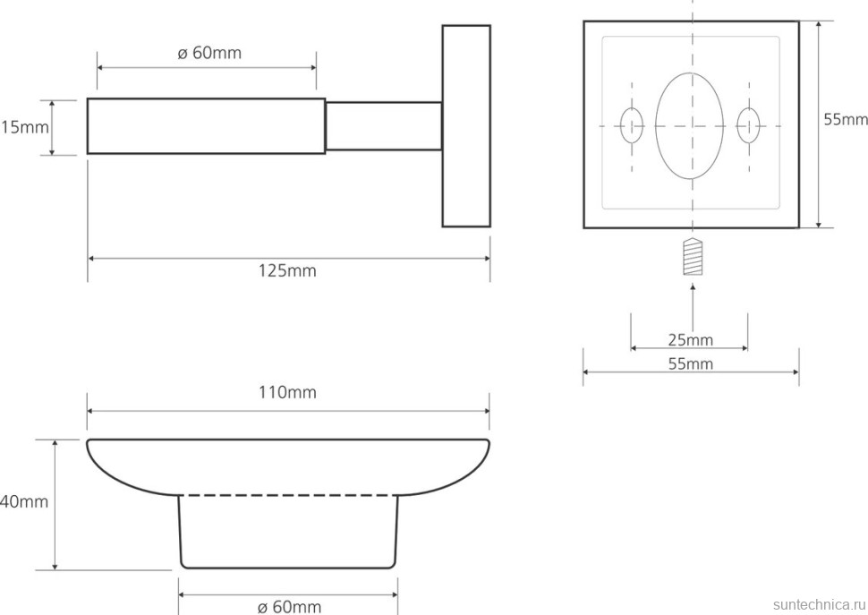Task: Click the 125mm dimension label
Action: pyautogui.click(x=287, y=270)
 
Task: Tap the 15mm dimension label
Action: pyautogui.click(x=25, y=127)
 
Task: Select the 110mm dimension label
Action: pyautogui.click(x=287, y=392)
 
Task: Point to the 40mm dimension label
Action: pyautogui.click(x=24, y=501)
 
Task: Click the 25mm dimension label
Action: pyautogui.click(x=690, y=339)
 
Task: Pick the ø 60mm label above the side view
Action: pyautogui.click(x=209, y=53)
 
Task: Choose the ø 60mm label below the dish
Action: pyautogui.click(x=289, y=607)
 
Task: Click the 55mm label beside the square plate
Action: pyautogui.click(x=846, y=120)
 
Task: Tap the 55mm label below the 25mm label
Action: pyautogui.click(x=690, y=363)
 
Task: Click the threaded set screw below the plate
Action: pyautogui.click(x=693, y=257)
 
